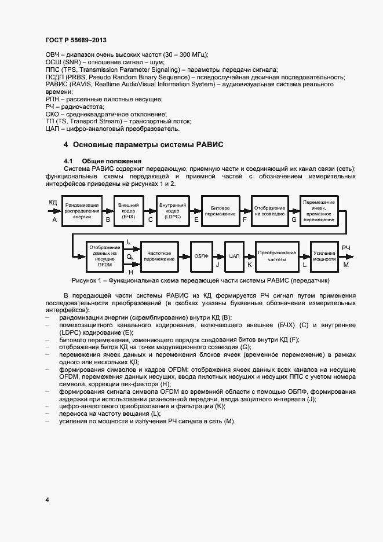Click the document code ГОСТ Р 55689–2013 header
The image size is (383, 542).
point(75,41)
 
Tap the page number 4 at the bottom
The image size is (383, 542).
point(47,499)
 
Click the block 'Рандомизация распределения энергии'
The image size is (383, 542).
point(82,210)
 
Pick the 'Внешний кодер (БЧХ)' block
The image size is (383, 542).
point(128,210)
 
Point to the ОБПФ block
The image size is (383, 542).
point(201,256)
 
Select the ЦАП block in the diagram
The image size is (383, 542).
point(234,256)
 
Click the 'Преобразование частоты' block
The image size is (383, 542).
point(277,256)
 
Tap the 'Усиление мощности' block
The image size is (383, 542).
point(324,256)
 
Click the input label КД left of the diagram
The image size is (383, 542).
point(53,202)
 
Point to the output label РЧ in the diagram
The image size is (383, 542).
point(345,247)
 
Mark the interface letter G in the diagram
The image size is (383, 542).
point(294,220)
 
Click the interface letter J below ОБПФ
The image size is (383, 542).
point(217,265)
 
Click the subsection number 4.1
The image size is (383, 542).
point(68,160)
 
